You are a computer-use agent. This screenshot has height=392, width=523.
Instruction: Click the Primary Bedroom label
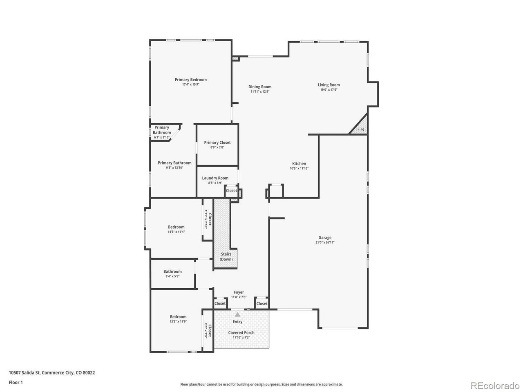tap(191, 80)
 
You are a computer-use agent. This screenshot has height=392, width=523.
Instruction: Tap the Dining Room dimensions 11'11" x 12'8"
tap(260, 91)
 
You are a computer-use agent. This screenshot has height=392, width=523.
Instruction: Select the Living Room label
tap(329, 85)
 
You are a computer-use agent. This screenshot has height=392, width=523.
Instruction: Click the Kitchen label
tap(299, 163)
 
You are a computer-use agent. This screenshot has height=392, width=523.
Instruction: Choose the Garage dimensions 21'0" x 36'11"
tap(325, 243)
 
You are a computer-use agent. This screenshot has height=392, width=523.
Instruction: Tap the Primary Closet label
tap(217, 143)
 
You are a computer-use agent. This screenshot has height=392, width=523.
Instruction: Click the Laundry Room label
tap(215, 178)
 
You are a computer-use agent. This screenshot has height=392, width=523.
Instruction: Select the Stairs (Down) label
tap(226, 257)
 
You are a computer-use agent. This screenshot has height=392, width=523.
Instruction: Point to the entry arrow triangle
tap(237, 315)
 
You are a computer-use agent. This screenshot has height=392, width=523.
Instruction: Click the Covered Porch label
tap(241, 333)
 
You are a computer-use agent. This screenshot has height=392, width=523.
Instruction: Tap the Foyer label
tap(239, 292)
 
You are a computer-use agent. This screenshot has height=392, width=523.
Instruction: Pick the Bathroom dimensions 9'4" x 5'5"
tap(172, 276)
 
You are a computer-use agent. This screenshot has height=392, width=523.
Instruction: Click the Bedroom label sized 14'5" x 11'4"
tap(176, 227)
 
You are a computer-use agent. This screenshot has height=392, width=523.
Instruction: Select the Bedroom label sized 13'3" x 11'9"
tap(178, 317)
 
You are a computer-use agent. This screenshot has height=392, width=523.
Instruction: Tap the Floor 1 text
tap(16, 383)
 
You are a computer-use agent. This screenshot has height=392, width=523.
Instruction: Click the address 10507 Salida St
tap(24, 373)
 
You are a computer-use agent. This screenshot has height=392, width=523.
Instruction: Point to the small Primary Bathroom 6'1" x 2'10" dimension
tap(161, 138)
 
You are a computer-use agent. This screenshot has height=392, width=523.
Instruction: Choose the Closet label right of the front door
tap(262, 304)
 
